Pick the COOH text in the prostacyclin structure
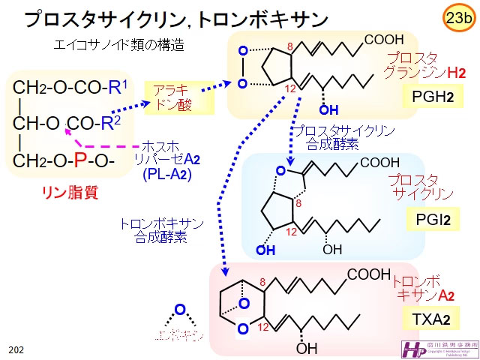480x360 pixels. [x=379, y=162]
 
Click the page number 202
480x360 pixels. [x=16, y=349]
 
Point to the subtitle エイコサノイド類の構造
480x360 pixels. [x=119, y=45]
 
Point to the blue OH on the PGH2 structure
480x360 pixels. [x=328, y=111]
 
